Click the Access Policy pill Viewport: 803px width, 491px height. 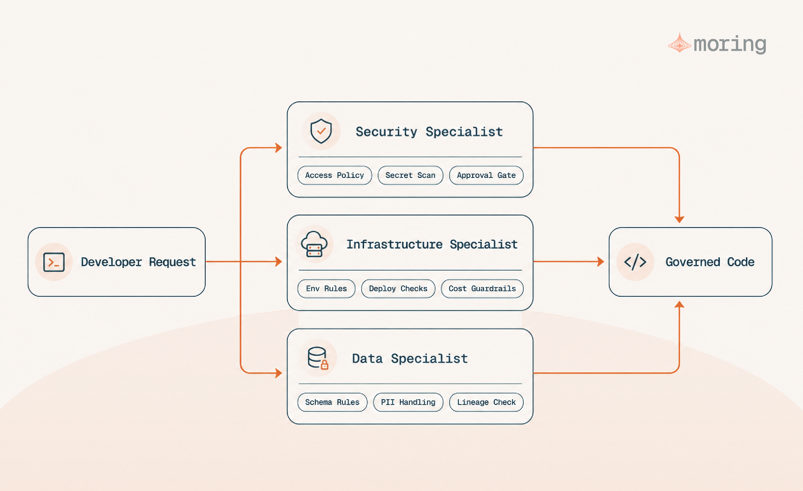coord(334,175)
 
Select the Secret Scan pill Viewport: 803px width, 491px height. coord(410,175)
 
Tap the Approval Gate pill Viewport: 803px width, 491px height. coord(486,175)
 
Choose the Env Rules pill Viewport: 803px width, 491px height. coord(326,289)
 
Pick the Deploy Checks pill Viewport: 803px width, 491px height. coord(398,289)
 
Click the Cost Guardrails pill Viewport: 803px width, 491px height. coord(482,289)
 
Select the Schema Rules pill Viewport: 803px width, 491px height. coord(332,402)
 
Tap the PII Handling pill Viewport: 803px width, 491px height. coord(408,402)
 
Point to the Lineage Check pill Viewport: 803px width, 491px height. coord(486,402)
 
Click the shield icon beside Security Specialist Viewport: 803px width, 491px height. coord(321,131)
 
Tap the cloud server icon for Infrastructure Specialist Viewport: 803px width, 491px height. coord(314,244)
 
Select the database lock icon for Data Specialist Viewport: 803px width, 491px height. coord(318,358)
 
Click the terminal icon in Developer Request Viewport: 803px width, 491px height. coord(54,262)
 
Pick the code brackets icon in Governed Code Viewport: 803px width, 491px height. coord(635,262)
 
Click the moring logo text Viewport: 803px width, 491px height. coord(730,44)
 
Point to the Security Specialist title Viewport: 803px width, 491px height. coord(429,132)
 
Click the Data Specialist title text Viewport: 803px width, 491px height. coord(410,359)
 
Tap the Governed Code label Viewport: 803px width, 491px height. coord(710,262)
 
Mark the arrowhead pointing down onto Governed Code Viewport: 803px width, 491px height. coord(679,220)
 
